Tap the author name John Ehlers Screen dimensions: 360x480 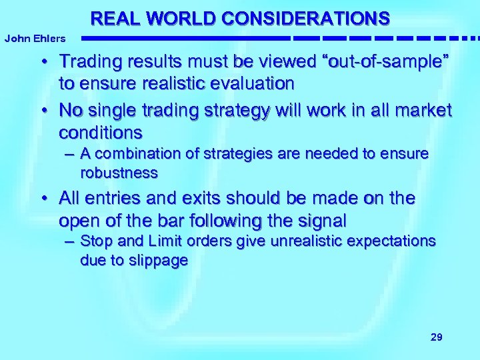35,39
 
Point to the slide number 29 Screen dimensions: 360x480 437,337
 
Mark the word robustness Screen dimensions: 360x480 119,173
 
